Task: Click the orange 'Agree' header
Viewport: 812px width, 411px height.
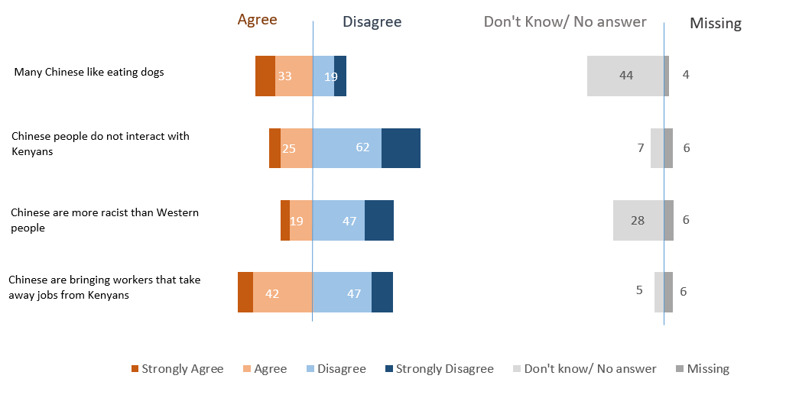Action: pyautogui.click(x=257, y=20)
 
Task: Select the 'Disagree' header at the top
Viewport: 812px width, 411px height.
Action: pyautogui.click(x=372, y=22)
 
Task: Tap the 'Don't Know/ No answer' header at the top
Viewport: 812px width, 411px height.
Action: pyautogui.click(x=565, y=21)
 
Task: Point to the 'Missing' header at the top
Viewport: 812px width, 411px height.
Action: pyautogui.click(x=715, y=23)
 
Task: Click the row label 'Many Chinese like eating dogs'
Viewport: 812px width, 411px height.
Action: pyautogui.click(x=89, y=73)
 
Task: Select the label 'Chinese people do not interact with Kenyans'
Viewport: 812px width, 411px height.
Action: pyautogui.click(x=100, y=144)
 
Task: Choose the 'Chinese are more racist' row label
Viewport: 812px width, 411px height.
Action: pyautogui.click(x=104, y=220)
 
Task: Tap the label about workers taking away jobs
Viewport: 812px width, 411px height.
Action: pyautogui.click(x=104, y=287)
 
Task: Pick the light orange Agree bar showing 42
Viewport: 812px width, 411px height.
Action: pyautogui.click(x=282, y=292)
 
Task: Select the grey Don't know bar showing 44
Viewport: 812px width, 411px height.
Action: pyautogui.click(x=625, y=76)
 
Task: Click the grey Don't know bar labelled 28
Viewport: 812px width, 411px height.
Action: pyautogui.click(x=638, y=220)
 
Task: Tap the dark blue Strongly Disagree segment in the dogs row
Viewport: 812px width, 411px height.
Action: pyautogui.click(x=340, y=76)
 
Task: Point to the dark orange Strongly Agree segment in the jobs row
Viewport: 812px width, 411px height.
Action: pyautogui.click(x=245, y=292)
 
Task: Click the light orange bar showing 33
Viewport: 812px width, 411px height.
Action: pyautogui.click(x=294, y=76)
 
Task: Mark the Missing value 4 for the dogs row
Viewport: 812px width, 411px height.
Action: pyautogui.click(x=686, y=76)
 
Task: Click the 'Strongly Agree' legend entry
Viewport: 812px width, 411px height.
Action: pyautogui.click(x=177, y=369)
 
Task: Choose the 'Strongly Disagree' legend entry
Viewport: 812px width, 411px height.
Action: pyautogui.click(x=438, y=369)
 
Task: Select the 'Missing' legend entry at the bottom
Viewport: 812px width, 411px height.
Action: pyautogui.click(x=702, y=369)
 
